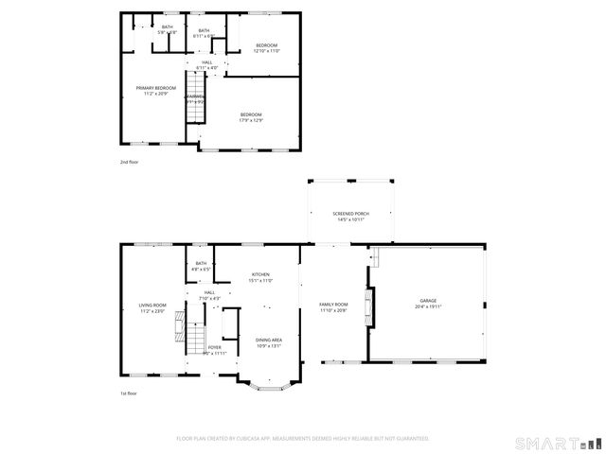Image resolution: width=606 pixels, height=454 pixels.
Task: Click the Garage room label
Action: pyautogui.click(x=428, y=304)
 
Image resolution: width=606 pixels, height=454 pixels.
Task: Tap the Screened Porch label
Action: pyautogui.click(x=350, y=214)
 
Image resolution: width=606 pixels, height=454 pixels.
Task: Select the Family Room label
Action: pyautogui.click(x=333, y=305)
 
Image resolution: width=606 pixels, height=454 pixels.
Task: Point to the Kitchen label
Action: pyautogui.click(x=261, y=274)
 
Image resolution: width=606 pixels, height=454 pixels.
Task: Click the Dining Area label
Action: pyautogui.click(x=269, y=340)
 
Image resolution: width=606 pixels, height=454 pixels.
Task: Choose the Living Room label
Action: pyautogui.click(x=152, y=305)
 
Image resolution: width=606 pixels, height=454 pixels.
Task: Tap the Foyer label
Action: pyautogui.click(x=215, y=347)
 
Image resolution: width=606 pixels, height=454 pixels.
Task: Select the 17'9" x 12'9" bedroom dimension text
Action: pyautogui.click(x=252, y=120)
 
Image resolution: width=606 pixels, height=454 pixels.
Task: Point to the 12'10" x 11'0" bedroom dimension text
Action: pyautogui.click(x=266, y=51)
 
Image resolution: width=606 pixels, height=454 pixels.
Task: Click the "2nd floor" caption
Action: pyautogui.click(x=129, y=163)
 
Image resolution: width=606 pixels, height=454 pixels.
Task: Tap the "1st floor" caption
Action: pyautogui.click(x=129, y=393)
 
